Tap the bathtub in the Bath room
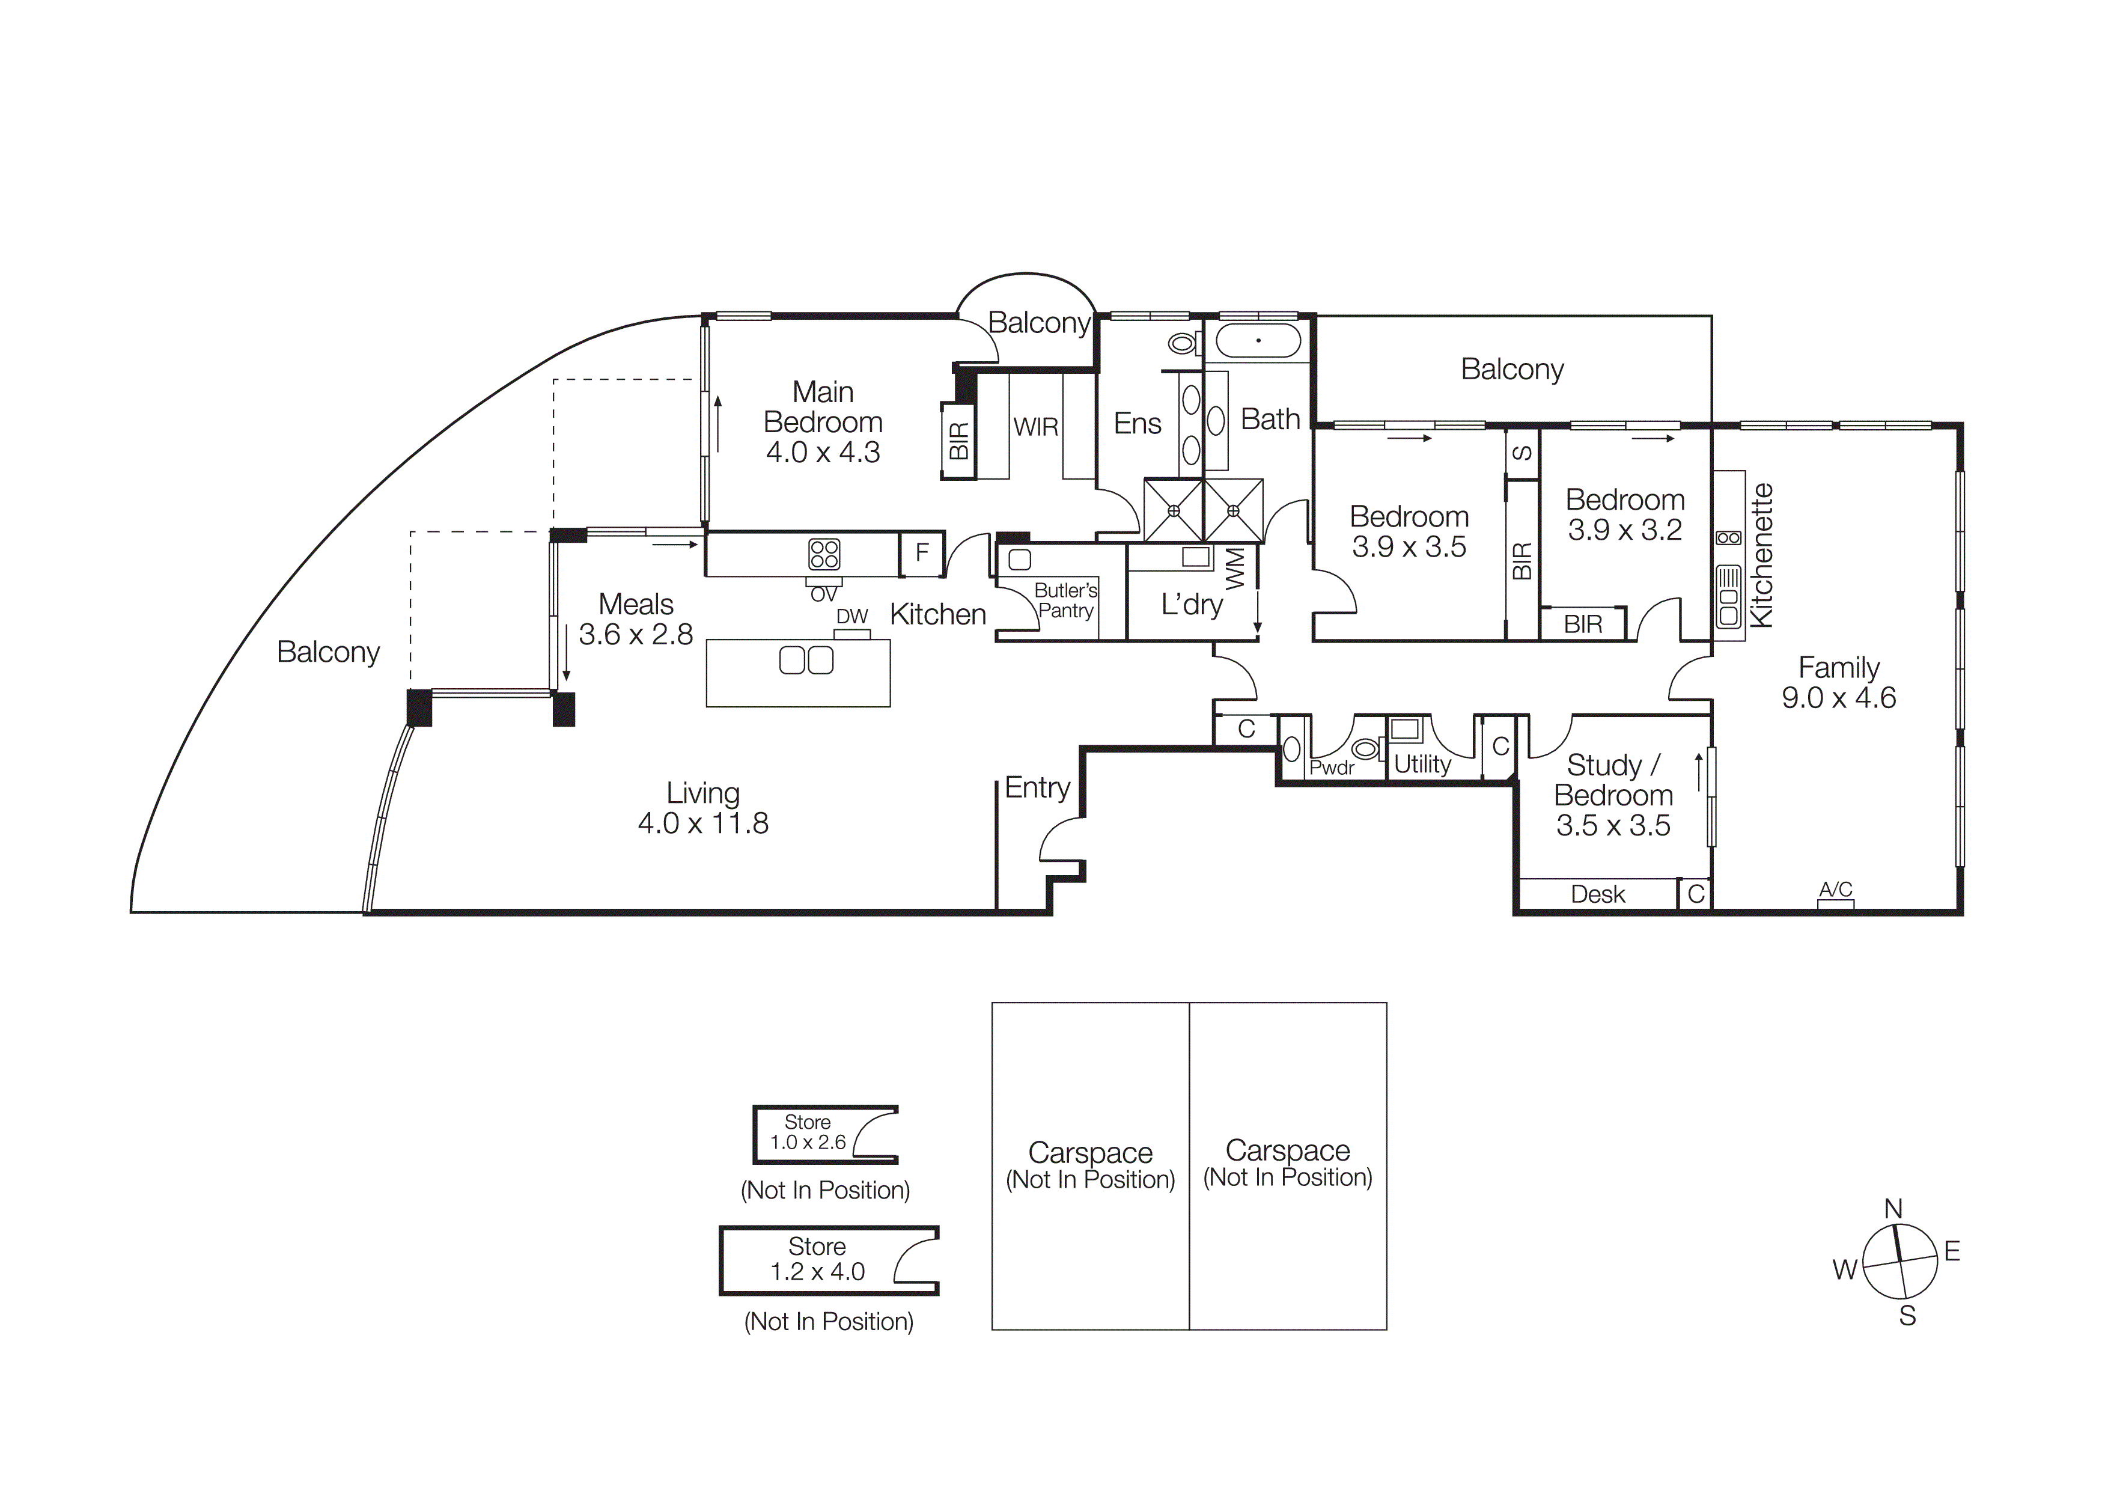pyautogui.click(x=1258, y=341)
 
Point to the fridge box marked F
pyautogui.click(x=922, y=553)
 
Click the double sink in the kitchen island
pyautogui.click(x=806, y=660)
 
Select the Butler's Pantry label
pyautogui.click(x=1065, y=600)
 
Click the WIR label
pyautogui.click(x=1035, y=427)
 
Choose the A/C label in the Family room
pyautogui.click(x=1835, y=889)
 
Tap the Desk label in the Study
pyautogui.click(x=1598, y=894)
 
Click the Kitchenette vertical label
pyautogui.click(x=1761, y=555)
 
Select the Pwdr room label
pyautogui.click(x=1330, y=768)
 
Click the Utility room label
pyautogui.click(x=1422, y=764)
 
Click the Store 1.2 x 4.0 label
pyautogui.click(x=817, y=1259)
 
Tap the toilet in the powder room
pyautogui.click(x=1366, y=749)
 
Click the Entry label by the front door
pyautogui.click(x=1037, y=788)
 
